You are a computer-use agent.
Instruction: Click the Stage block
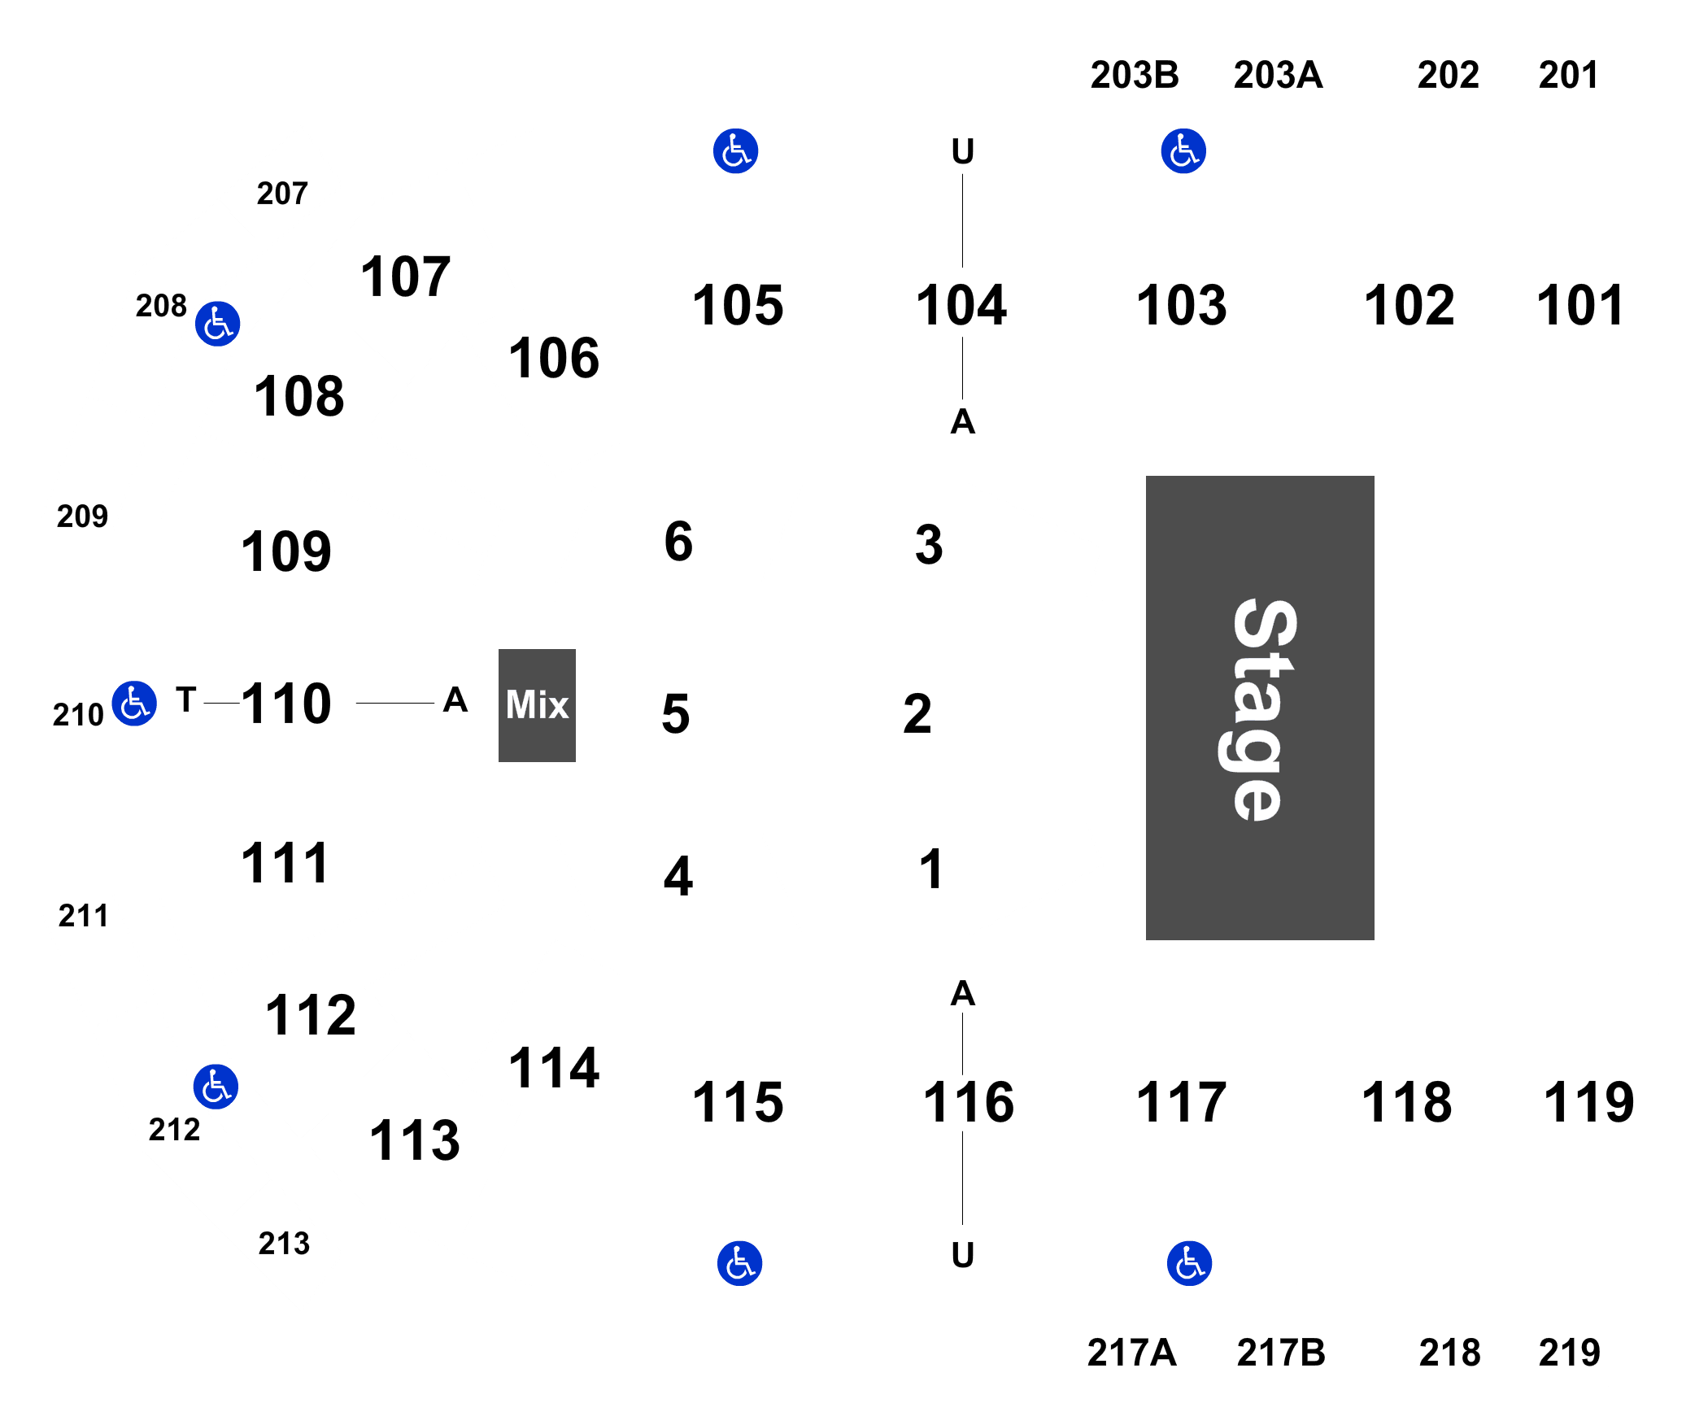(x=1260, y=708)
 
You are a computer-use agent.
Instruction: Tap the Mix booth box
(x=537, y=705)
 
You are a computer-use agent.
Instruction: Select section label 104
(x=961, y=306)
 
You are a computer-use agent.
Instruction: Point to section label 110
(x=286, y=704)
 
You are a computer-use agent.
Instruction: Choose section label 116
(x=968, y=1103)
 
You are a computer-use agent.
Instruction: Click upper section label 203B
(x=1135, y=75)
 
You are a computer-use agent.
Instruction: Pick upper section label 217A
(x=1131, y=1353)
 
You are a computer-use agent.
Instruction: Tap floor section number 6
(x=678, y=542)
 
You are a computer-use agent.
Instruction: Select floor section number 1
(x=931, y=869)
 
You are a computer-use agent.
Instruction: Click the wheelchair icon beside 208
(x=217, y=324)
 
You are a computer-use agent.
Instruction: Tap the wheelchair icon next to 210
(x=134, y=704)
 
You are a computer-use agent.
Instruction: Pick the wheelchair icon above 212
(x=216, y=1087)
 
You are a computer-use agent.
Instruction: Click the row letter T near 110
(x=186, y=699)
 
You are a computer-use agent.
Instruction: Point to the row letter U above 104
(x=963, y=151)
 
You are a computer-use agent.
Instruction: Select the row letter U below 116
(x=963, y=1255)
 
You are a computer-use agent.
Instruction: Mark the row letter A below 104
(x=963, y=421)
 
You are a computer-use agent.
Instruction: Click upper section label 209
(x=82, y=516)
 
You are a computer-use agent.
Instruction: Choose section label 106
(x=554, y=358)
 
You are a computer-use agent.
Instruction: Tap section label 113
(x=415, y=1140)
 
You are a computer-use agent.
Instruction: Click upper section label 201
(x=1568, y=75)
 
